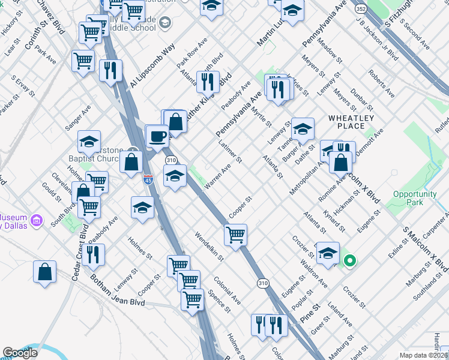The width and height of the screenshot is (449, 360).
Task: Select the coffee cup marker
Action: tap(158, 136)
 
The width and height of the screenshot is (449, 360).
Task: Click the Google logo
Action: tap(19, 353)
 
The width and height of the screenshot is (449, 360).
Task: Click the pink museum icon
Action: tap(37, 221)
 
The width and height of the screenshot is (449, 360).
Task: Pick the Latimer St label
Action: tap(231, 154)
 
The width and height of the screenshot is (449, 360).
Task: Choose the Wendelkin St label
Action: tap(208, 247)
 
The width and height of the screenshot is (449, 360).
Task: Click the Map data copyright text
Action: tap(424, 355)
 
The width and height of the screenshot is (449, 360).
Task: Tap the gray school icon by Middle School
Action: tap(166, 23)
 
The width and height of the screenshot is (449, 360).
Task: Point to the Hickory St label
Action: tap(10, 25)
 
